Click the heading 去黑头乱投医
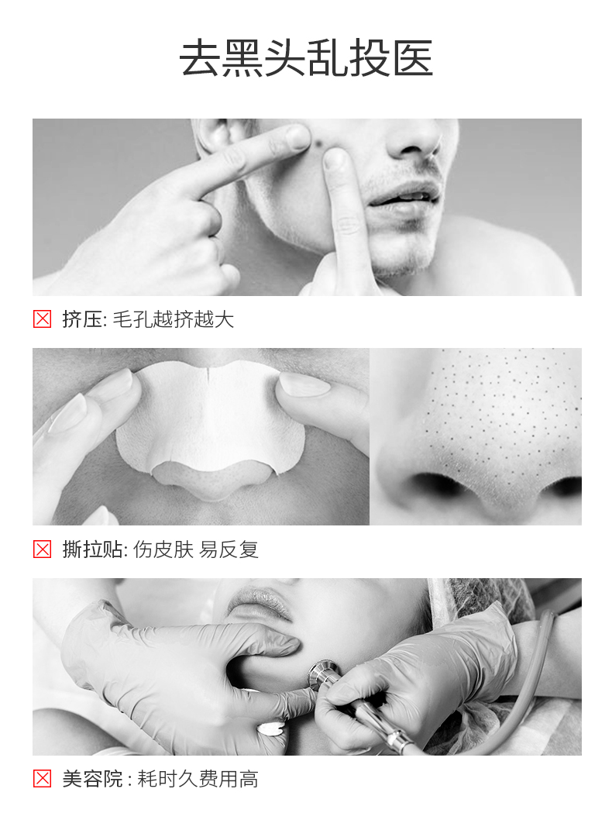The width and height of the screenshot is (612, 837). pyautogui.click(x=306, y=58)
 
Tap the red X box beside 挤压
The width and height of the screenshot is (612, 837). pyautogui.click(x=42, y=319)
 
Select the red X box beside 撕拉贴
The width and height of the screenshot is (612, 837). pyautogui.click(x=42, y=549)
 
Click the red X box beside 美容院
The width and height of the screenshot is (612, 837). pyautogui.click(x=42, y=779)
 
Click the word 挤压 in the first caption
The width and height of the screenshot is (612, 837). pyautogui.click(x=83, y=319)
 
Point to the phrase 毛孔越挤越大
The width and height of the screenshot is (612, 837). pyautogui.click(x=174, y=319)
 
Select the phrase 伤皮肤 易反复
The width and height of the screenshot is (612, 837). pyautogui.click(x=195, y=549)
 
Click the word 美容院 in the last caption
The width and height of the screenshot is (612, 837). pyautogui.click(x=93, y=779)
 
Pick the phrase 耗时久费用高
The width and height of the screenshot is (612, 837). pyautogui.click(x=198, y=779)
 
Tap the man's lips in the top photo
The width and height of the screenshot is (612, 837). pyautogui.click(x=404, y=196)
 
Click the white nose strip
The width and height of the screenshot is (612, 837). pyautogui.click(x=211, y=419)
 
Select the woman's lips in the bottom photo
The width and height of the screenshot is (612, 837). pyautogui.click(x=260, y=602)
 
